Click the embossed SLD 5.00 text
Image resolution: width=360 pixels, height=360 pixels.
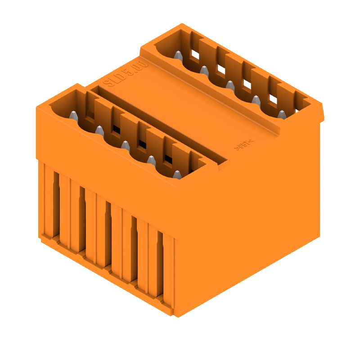tap(126, 75)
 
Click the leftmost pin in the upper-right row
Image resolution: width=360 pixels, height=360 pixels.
tap(178, 55)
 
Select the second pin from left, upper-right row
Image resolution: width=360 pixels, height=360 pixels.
tap(204, 70)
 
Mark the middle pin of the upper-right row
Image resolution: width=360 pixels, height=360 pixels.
tap(230, 85)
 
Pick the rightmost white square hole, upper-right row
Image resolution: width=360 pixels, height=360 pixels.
tap(273, 99)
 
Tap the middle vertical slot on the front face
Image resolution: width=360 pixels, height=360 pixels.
tap(108, 234)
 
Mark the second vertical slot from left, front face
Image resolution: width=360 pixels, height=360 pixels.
tap(82, 219)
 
